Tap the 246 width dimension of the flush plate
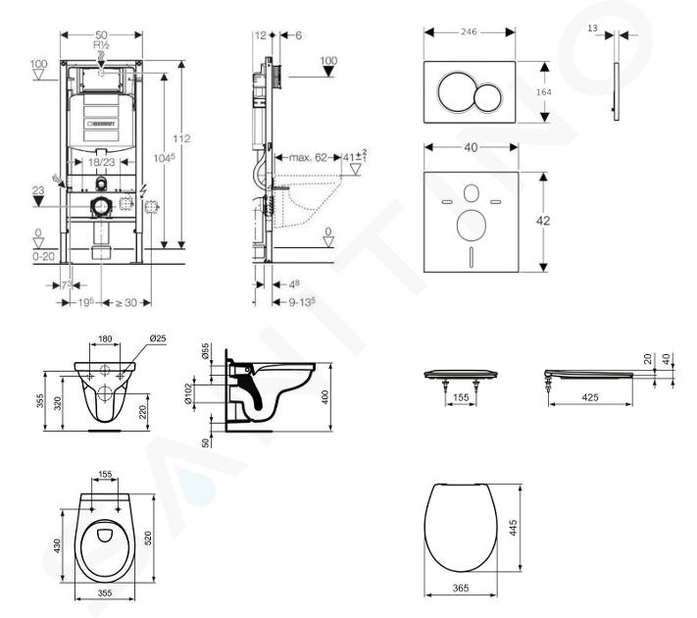tap(470, 31)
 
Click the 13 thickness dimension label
tap(592, 29)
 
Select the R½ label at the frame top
tap(100, 44)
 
